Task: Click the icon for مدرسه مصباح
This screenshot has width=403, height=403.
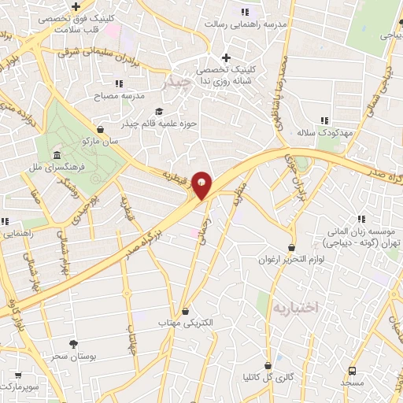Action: coord(119,83)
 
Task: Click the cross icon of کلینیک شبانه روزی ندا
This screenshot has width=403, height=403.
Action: coord(226,57)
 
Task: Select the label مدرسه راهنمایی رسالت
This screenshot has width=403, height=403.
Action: coord(276,24)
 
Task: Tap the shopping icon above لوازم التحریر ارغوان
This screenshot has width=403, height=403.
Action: coord(292,247)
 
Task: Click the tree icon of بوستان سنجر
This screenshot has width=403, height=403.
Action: coord(73,343)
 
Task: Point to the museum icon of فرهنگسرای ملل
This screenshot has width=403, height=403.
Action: coord(57,154)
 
